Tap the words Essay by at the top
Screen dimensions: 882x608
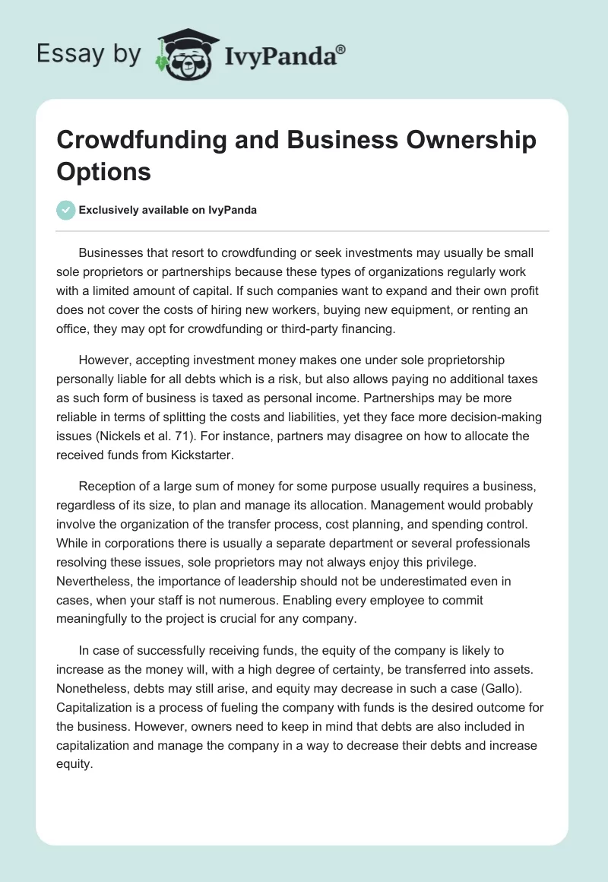[88, 53]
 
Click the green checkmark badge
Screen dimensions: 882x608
[65, 210]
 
